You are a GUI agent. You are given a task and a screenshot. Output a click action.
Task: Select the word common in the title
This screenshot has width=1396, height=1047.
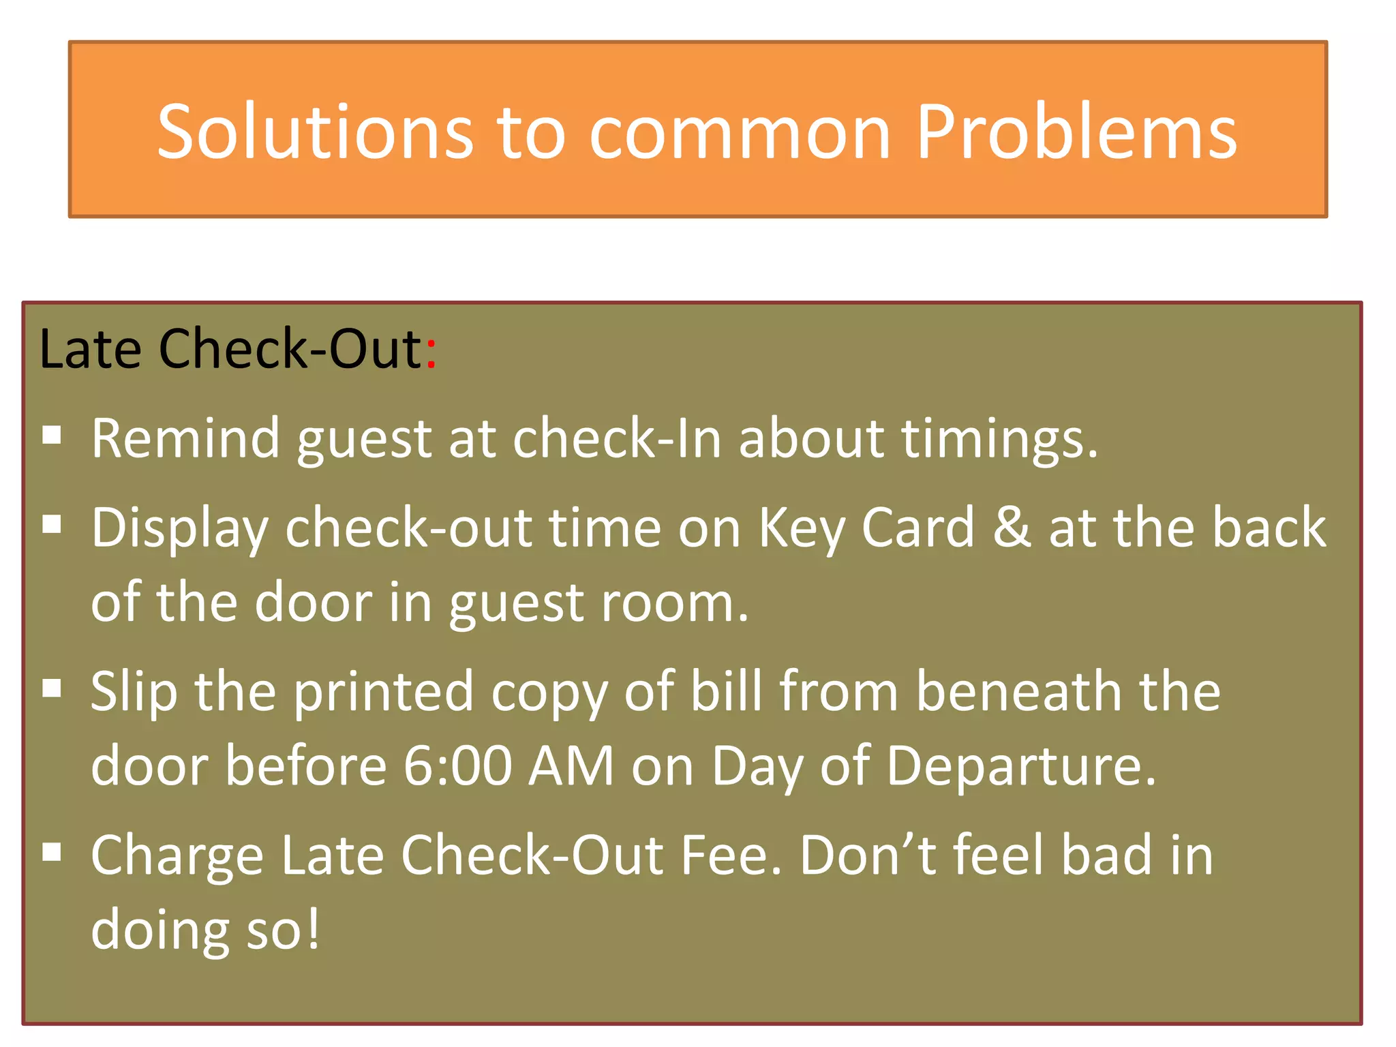740,133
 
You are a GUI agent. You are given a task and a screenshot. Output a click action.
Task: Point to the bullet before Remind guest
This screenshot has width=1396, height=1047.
52,435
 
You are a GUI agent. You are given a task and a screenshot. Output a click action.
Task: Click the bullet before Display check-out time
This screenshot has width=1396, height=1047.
52,524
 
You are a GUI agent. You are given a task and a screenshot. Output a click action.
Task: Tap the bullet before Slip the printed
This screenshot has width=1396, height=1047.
52,688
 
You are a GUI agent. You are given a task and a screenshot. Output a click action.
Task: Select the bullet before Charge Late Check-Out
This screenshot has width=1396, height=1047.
52,851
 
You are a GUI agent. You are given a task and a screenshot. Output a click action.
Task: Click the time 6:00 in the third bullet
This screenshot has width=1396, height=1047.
457,766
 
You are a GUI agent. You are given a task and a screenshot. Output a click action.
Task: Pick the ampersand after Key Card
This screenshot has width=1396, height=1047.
1012,528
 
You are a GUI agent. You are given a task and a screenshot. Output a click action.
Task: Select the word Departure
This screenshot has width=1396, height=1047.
1020,766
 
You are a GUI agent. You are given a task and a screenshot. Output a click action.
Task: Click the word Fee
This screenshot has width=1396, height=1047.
730,855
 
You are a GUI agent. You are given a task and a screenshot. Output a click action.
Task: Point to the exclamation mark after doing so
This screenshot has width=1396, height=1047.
312,930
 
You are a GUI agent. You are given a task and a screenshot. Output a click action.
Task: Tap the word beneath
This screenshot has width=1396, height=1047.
1020,691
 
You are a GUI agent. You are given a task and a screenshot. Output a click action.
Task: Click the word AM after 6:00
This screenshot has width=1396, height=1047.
571,766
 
